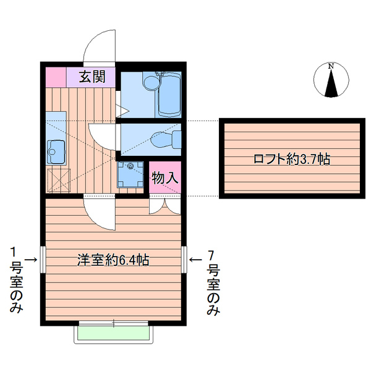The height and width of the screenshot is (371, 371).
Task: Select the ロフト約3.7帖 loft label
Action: [291, 159]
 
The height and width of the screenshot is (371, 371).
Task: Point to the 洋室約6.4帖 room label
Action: [113, 260]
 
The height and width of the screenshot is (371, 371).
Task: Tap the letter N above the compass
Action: [331, 66]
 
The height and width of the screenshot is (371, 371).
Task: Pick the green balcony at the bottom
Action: [114, 334]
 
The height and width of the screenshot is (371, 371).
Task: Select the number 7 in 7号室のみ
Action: [212, 254]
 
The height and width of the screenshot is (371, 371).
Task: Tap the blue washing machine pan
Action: [130, 173]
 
